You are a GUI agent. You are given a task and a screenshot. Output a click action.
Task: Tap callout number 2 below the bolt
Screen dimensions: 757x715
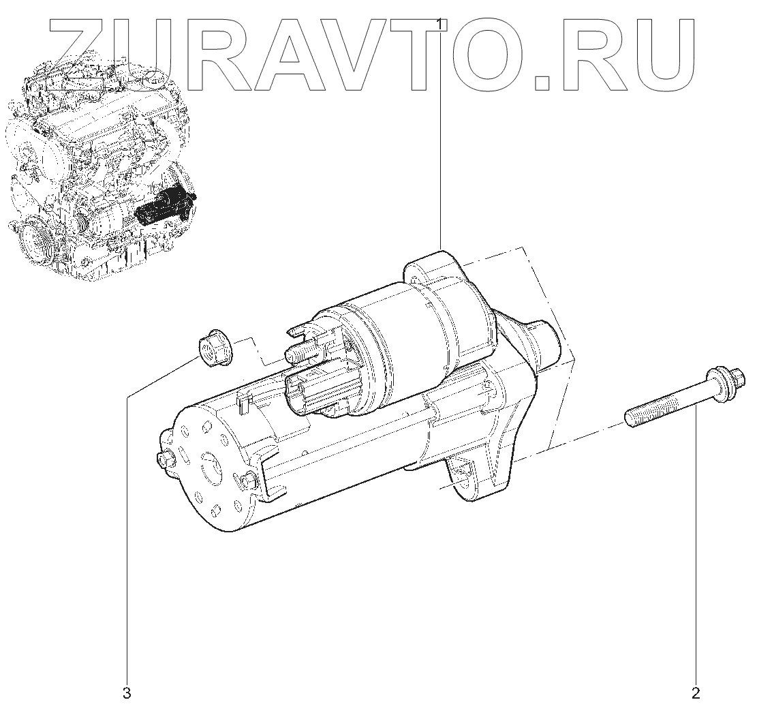click(x=695, y=695)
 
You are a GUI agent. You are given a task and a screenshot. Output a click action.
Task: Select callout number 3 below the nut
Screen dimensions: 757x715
click(x=126, y=695)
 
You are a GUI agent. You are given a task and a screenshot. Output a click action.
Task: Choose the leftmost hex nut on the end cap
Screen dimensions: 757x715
click(x=165, y=459)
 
